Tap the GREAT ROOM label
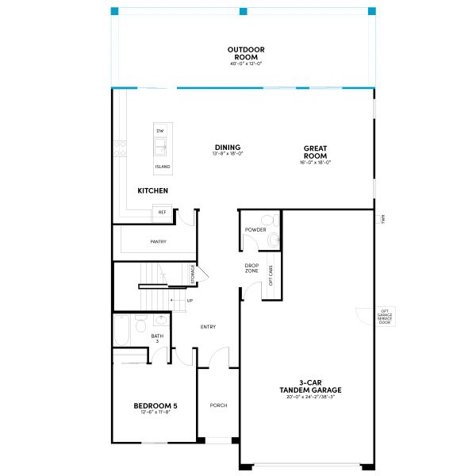click(315, 151)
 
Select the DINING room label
click(227, 148)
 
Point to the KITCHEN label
click(152, 190)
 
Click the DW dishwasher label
click(160, 131)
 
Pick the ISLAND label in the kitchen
click(162, 167)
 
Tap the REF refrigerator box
click(163, 213)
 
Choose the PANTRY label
click(158, 242)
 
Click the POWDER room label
click(255, 229)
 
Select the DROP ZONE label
click(251, 268)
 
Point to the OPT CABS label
click(271, 274)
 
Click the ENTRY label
click(208, 327)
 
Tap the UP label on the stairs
click(190, 301)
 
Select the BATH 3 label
click(156, 338)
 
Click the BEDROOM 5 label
click(155, 406)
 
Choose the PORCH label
click(218, 405)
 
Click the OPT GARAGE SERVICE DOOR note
click(385, 317)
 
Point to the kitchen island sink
click(161, 147)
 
